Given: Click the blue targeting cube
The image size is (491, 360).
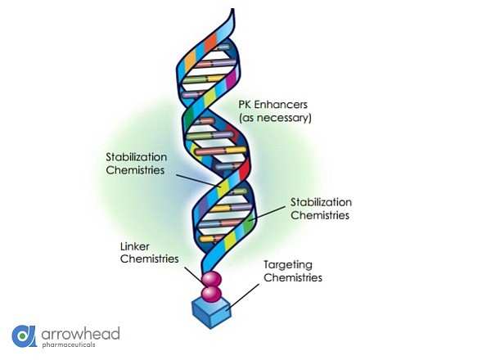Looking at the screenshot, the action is pyautogui.click(x=211, y=313).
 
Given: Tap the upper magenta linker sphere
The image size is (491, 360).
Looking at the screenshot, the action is pyautogui.click(x=211, y=279).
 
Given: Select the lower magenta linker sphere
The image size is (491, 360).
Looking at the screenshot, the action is pyautogui.click(x=211, y=294).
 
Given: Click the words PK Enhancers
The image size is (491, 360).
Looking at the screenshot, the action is pyautogui.click(x=273, y=104).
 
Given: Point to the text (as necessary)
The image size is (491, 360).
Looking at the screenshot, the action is pyautogui.click(x=275, y=118).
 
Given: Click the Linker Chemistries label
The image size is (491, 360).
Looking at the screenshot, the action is pyautogui.click(x=150, y=253).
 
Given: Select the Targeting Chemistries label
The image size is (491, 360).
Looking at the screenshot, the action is pyautogui.click(x=293, y=271).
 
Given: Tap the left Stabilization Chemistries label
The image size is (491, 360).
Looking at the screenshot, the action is pyautogui.click(x=136, y=164).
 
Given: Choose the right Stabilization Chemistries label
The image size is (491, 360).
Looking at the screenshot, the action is pyautogui.click(x=321, y=209).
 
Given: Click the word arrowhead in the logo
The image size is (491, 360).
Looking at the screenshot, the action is pyautogui.click(x=80, y=334).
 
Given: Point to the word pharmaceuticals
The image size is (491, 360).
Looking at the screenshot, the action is pyautogui.click(x=69, y=344).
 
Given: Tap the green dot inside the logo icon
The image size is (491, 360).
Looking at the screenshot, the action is pyautogui.click(x=22, y=336).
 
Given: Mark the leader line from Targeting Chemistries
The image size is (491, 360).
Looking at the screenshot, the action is pyautogui.click(x=243, y=297).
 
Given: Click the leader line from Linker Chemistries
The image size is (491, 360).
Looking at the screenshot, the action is pyautogui.click(x=195, y=277).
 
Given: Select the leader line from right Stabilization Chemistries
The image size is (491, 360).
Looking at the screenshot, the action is pyautogui.click(x=266, y=214).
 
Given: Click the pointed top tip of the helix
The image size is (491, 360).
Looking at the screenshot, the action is pyautogui.click(x=232, y=9).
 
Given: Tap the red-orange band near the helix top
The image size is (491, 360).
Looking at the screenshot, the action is pyautogui.click(x=211, y=43).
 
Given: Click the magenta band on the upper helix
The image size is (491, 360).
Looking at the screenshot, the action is pyautogui.click(x=232, y=79).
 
